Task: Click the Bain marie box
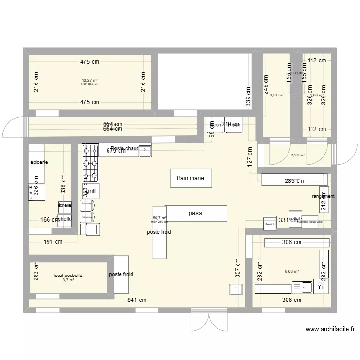(x=190, y=178)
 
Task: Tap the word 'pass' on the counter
(x=195, y=213)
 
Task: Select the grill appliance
(x=91, y=191)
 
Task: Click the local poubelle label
(x=68, y=276)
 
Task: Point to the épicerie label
(x=39, y=162)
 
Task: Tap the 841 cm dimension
(x=137, y=300)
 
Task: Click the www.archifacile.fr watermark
(x=330, y=329)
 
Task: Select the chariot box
(x=269, y=224)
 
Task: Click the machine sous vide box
(x=310, y=222)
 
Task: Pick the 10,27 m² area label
(x=89, y=80)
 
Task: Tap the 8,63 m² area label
(x=292, y=271)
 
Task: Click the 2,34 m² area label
(x=298, y=155)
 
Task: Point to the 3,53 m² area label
(x=276, y=95)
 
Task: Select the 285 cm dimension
(x=294, y=181)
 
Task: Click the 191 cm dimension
(x=53, y=242)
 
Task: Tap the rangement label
(x=323, y=196)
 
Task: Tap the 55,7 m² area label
(x=159, y=218)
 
